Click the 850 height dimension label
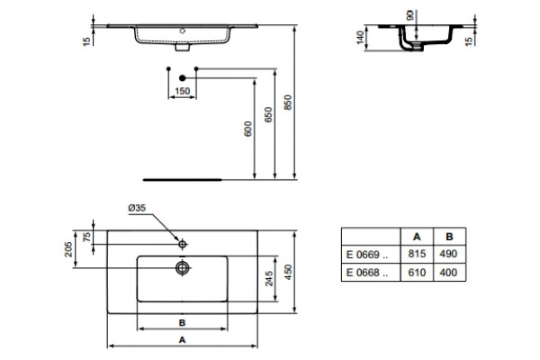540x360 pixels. (x=288, y=103)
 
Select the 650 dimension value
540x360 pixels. (x=268, y=114)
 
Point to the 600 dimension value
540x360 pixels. (x=248, y=129)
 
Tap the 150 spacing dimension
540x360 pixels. (x=182, y=91)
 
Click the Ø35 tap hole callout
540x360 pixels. (x=137, y=208)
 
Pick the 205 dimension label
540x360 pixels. (x=69, y=249)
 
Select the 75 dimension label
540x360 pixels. (x=87, y=237)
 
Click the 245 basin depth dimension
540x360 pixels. (x=269, y=278)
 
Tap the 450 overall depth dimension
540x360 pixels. (x=288, y=272)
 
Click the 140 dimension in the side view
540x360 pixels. (x=360, y=38)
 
